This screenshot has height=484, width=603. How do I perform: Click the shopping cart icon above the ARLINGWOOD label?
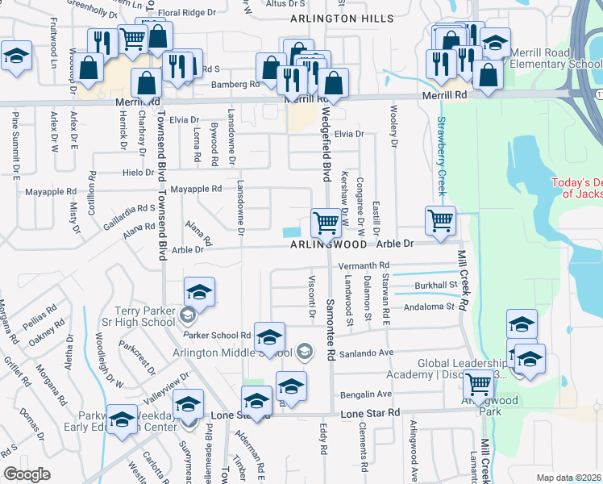click(326, 221)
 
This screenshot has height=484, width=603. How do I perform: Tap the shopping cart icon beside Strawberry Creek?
click(440, 219)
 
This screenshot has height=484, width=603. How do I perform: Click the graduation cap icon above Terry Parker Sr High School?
click(199, 292)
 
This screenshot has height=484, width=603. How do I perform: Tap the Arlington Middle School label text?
click(232, 353)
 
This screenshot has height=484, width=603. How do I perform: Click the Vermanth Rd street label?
click(364, 265)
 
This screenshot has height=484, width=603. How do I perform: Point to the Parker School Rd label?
click(217, 335)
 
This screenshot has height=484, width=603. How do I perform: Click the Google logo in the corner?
click(27, 474)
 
